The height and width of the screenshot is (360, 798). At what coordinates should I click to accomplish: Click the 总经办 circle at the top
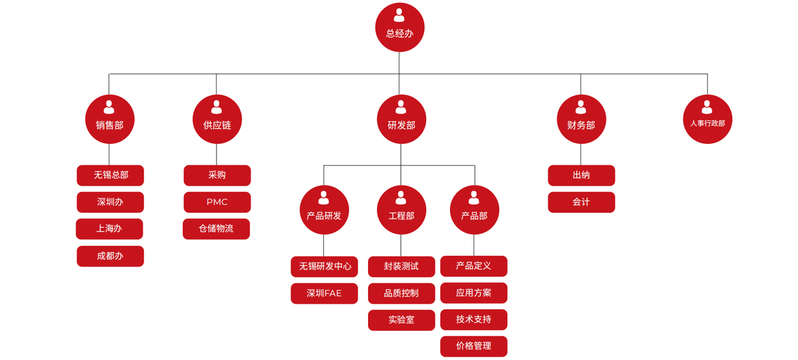click(400, 28)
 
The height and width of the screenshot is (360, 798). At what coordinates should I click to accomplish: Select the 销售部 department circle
click(110, 119)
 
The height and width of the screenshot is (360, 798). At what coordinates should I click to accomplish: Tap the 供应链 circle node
click(217, 119)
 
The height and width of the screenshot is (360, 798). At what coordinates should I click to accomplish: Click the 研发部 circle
click(402, 119)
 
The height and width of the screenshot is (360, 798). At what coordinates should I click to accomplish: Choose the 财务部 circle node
click(581, 119)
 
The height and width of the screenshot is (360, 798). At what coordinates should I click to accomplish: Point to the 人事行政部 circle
click(707, 119)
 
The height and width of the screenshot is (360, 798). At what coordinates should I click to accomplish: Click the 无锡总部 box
click(110, 176)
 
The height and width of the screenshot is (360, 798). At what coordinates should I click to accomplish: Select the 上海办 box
click(109, 229)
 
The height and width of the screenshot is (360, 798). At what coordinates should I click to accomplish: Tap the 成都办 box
click(110, 256)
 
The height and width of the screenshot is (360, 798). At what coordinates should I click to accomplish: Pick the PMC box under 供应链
click(217, 202)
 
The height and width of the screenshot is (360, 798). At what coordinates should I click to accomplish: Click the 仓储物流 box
click(216, 229)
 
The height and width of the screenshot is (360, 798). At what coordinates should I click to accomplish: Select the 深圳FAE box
click(324, 293)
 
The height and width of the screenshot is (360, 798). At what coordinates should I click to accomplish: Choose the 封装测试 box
click(402, 267)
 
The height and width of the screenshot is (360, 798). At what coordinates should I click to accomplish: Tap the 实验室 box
click(402, 320)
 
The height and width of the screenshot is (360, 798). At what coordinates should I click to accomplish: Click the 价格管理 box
click(473, 346)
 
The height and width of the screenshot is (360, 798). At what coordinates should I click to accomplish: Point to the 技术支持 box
click(473, 320)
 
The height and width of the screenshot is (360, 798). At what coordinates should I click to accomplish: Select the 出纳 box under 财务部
click(581, 176)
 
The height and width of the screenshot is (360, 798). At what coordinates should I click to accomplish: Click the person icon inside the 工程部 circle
click(401, 198)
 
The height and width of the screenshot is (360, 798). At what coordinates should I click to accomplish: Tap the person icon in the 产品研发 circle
click(324, 198)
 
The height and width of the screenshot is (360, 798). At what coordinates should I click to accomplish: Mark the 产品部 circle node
click(474, 210)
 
